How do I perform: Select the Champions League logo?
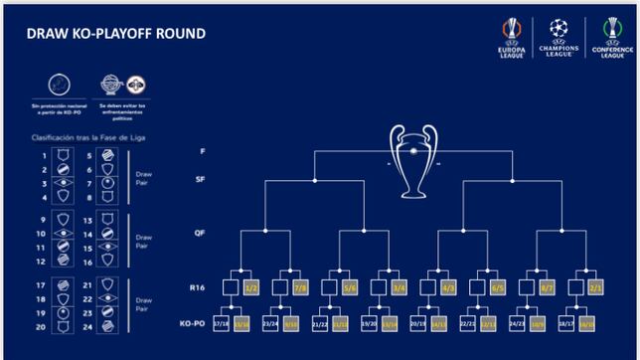pos(558,39)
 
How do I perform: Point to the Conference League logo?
pos(606,39)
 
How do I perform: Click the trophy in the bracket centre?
pos(412,159)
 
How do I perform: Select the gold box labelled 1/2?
pos(253,287)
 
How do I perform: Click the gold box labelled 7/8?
pos(301,287)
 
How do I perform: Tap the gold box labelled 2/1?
pos(592,287)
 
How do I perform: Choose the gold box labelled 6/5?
pos(499,287)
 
